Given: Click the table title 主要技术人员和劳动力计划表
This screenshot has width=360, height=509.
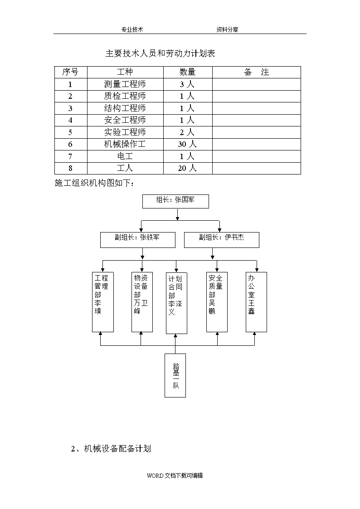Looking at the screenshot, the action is pyautogui.click(x=160, y=53).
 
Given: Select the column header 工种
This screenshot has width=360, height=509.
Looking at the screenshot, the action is pyautogui.click(x=125, y=72).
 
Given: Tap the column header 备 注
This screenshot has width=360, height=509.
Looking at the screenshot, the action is pyautogui.click(x=257, y=72).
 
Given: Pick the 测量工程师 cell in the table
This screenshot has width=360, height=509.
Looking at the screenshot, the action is pyautogui.click(x=125, y=84).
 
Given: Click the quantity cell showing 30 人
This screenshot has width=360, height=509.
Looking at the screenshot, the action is pyautogui.click(x=187, y=144).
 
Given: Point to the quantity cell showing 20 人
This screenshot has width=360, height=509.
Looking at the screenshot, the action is pyautogui.click(x=187, y=168).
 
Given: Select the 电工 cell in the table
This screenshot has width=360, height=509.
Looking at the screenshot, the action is pyautogui.click(x=125, y=156).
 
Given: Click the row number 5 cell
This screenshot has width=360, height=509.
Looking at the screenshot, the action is pyautogui.click(x=70, y=132).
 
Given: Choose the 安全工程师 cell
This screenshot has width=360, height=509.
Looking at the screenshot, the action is pyautogui.click(x=125, y=120).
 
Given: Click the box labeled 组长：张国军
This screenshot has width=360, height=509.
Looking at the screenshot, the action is pyautogui.click(x=175, y=202).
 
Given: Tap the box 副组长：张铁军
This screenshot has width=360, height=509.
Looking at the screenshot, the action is pyautogui.click(x=138, y=240).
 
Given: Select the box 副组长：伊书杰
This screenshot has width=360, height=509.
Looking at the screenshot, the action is pyautogui.click(x=222, y=240).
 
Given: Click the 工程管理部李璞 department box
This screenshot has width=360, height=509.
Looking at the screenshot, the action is pyautogui.click(x=103, y=302).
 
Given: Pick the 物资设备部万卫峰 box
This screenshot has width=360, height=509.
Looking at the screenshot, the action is pyautogui.click(x=142, y=302).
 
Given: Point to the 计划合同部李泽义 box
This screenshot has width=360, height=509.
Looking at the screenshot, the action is pyautogui.click(x=176, y=303).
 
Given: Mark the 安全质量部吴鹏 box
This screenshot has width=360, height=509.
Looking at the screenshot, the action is pyautogui.click(x=217, y=302).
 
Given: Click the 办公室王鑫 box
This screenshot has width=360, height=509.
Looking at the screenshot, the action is pyautogui.click(x=257, y=302).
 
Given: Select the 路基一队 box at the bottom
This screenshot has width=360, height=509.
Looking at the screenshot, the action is pyautogui.click(x=175, y=376).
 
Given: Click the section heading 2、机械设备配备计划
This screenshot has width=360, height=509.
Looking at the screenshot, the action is pyautogui.click(x=111, y=449).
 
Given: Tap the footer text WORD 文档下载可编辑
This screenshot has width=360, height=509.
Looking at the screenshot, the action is pyautogui.click(x=175, y=475).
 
